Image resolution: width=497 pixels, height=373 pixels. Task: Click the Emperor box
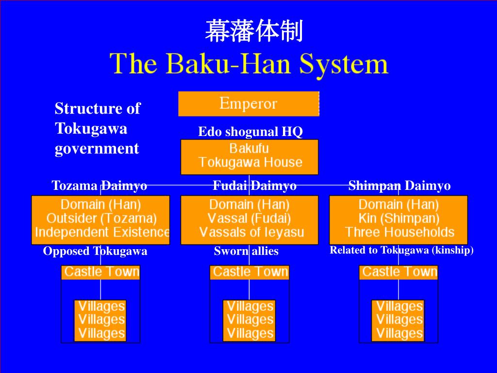tap(248, 103)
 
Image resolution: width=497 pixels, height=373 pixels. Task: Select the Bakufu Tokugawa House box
tap(249, 156)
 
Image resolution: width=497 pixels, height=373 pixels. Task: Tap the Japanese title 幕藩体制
tap(254, 32)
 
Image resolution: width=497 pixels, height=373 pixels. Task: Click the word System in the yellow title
tap(344, 64)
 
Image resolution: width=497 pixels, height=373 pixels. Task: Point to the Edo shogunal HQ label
tap(250, 132)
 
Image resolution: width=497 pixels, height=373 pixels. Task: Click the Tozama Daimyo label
tap(99, 186)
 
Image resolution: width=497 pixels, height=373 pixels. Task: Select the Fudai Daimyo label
tap(254, 186)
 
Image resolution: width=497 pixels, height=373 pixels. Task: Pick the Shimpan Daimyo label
tap(399, 186)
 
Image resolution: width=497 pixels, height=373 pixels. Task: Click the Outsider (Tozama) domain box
tap(100, 219)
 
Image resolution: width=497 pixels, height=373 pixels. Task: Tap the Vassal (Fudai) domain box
tap(249, 219)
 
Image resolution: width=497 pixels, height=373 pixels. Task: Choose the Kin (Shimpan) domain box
tap(398, 219)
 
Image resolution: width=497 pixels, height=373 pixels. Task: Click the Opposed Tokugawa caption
tap(95, 251)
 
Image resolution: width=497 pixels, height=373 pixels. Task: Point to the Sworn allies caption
tap(246, 251)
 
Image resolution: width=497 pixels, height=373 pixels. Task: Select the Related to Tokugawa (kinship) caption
tap(401, 250)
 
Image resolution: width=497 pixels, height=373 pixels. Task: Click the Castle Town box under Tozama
tap(101, 272)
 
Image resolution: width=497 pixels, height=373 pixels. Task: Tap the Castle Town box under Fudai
tap(249, 272)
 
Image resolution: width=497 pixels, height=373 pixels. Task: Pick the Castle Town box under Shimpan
tap(398, 272)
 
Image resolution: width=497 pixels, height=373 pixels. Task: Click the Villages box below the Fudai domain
tap(249, 320)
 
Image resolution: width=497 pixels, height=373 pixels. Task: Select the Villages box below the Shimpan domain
tap(398, 320)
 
